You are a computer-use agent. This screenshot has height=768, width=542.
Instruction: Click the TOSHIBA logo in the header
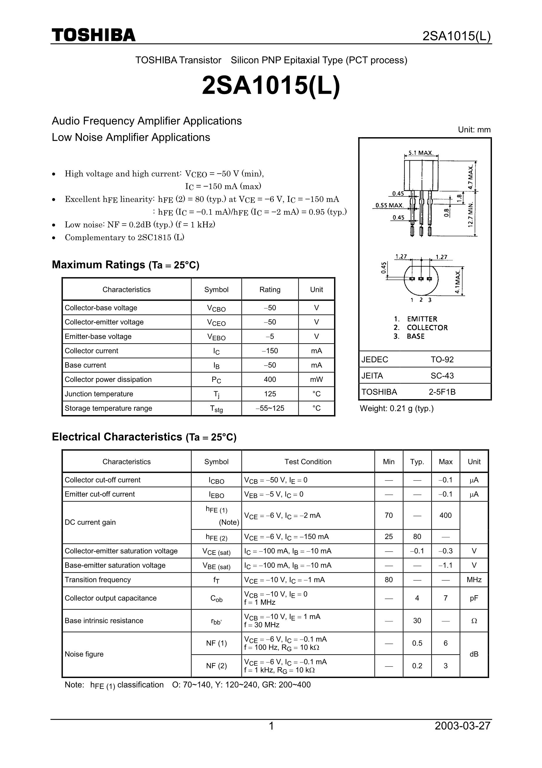(x=94, y=35)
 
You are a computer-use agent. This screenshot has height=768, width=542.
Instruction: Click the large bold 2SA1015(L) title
(x=271, y=86)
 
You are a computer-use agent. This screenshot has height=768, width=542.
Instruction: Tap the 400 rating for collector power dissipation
(x=270, y=379)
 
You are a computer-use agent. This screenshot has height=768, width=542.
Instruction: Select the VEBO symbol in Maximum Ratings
(x=216, y=337)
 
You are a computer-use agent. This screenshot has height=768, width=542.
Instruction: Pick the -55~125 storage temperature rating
(x=270, y=408)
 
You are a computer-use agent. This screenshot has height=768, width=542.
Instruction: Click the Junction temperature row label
(x=99, y=394)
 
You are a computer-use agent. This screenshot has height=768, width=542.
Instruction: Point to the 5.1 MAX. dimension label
(x=421, y=153)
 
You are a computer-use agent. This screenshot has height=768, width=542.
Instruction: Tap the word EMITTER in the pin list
(x=422, y=319)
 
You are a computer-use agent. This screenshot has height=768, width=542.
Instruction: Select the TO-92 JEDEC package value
(x=442, y=360)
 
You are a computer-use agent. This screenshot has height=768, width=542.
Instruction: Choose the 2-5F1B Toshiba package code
(x=442, y=392)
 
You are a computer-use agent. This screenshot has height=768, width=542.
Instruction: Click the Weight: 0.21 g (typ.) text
(x=397, y=408)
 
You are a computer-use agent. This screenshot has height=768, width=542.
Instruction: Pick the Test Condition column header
(x=308, y=462)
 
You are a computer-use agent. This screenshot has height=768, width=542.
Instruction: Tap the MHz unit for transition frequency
(x=474, y=580)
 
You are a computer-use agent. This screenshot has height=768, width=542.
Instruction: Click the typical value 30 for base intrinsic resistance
(x=417, y=621)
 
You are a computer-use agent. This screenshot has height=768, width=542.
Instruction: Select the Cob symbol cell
(x=216, y=598)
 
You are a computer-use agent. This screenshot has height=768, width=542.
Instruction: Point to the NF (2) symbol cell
(x=216, y=666)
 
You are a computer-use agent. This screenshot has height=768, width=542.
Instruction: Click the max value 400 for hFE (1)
(x=445, y=515)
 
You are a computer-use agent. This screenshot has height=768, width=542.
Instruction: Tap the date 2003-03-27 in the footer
(x=462, y=725)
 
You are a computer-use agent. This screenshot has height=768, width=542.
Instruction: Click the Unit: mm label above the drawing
(x=474, y=130)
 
